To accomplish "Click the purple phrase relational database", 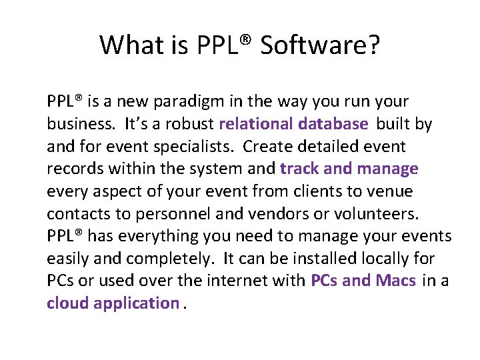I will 293,124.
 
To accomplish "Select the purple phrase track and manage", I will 349,169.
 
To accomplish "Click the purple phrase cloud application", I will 113,303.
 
